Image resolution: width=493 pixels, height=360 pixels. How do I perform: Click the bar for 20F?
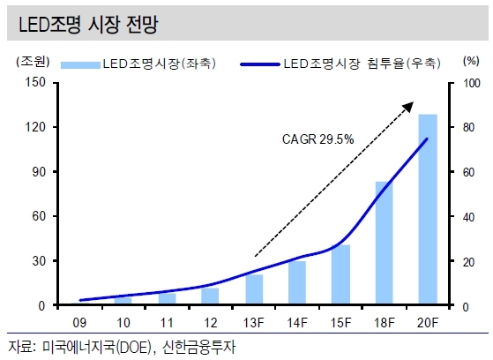click(428, 209)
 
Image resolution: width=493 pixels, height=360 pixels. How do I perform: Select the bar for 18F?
click(385, 243)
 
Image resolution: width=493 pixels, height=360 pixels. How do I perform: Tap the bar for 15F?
click(340, 274)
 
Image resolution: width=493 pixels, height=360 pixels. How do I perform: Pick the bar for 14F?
click(297, 282)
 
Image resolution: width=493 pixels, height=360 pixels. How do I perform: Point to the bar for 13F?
click(254, 289)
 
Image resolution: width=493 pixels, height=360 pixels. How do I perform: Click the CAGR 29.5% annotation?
click(317, 139)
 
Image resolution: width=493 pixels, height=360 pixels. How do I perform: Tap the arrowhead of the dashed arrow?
click(408, 107)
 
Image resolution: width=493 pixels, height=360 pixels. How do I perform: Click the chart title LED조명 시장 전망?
click(88, 24)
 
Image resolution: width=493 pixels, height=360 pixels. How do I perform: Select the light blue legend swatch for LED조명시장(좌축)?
click(80, 64)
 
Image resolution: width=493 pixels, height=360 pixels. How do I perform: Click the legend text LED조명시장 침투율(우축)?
click(362, 64)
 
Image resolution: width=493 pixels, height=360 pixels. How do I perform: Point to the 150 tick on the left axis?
click(35, 82)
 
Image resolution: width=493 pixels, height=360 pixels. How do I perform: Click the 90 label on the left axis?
click(39, 172)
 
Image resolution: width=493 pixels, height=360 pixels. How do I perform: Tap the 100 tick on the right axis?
click(472, 84)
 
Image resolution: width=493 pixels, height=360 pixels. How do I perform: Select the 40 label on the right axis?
click(468, 217)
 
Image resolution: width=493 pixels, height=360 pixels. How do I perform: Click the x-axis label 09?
click(79, 323)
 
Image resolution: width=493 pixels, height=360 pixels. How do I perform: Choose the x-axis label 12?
click(211, 323)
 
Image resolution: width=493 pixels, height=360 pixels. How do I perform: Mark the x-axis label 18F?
click(385, 323)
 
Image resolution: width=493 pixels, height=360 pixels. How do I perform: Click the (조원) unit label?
click(33, 62)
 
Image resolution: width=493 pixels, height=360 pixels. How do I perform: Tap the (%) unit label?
click(471, 60)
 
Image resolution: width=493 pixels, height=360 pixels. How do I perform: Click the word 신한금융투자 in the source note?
click(198, 348)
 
